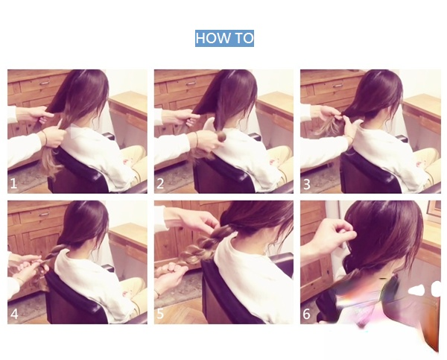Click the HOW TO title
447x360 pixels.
point(224,38)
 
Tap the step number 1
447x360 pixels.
point(13,183)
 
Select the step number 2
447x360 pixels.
point(160,183)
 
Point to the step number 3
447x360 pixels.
point(306,184)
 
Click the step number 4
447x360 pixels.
point(14,314)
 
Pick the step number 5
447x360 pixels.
point(160,314)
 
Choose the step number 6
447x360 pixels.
point(306,314)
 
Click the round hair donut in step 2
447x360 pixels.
point(222,137)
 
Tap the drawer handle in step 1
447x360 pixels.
point(45,83)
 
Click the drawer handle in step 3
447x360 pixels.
point(337,85)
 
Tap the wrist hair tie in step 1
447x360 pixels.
point(45,137)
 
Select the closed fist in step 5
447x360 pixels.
point(169,274)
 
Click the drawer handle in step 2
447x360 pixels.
point(191,83)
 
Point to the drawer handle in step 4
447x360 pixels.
point(43,214)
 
